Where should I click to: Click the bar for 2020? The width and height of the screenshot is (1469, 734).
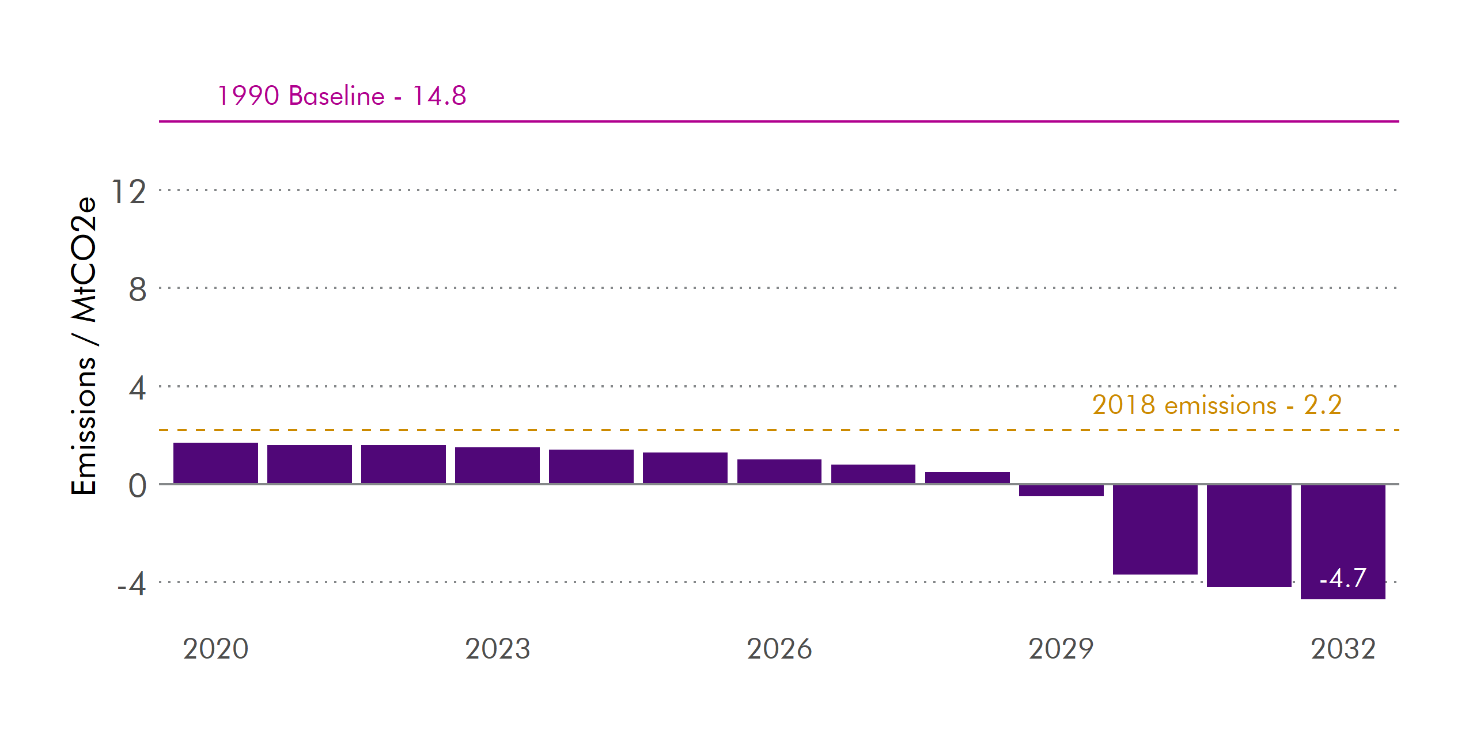(215, 463)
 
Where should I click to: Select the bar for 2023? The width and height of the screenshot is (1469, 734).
(497, 466)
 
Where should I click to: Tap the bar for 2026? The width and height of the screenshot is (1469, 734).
(779, 471)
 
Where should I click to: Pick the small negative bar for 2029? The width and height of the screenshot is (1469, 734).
(1061, 490)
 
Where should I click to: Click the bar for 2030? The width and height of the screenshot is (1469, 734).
(1155, 529)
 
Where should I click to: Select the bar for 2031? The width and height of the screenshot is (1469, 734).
(1249, 535)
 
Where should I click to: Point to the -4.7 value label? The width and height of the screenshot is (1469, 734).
(1343, 578)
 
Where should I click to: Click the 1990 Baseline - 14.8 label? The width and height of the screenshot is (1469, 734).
(342, 96)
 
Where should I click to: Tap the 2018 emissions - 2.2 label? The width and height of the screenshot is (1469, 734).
(1217, 405)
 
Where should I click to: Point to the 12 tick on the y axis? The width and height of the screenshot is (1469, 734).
(128, 192)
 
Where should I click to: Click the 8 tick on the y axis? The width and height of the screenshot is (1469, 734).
(137, 290)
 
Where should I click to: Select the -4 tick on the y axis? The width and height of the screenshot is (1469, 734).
(131, 584)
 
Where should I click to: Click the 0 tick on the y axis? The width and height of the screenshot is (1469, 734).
(137, 486)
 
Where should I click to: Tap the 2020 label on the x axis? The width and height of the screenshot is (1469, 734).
(215, 649)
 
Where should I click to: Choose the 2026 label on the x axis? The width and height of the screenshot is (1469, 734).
(779, 649)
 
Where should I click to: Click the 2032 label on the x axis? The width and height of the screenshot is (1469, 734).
(1343, 649)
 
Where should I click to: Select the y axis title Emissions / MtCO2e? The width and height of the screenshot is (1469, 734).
(84, 345)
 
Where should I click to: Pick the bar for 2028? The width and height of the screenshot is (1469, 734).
(967, 478)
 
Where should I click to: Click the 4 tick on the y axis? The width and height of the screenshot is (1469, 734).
(137, 388)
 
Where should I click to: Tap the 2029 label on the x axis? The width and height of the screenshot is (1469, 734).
(1061, 649)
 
